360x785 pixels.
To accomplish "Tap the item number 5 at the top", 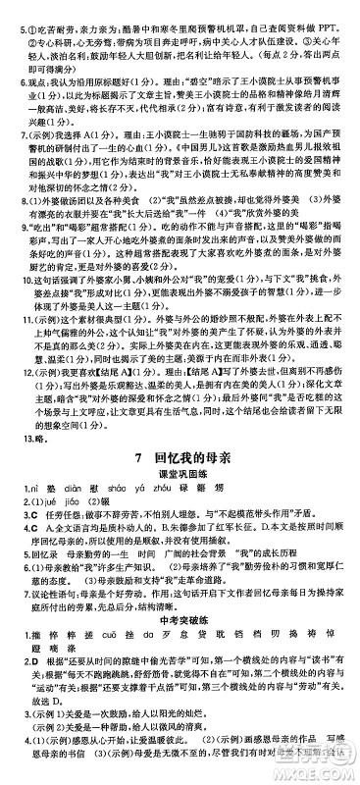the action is [8, 8].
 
